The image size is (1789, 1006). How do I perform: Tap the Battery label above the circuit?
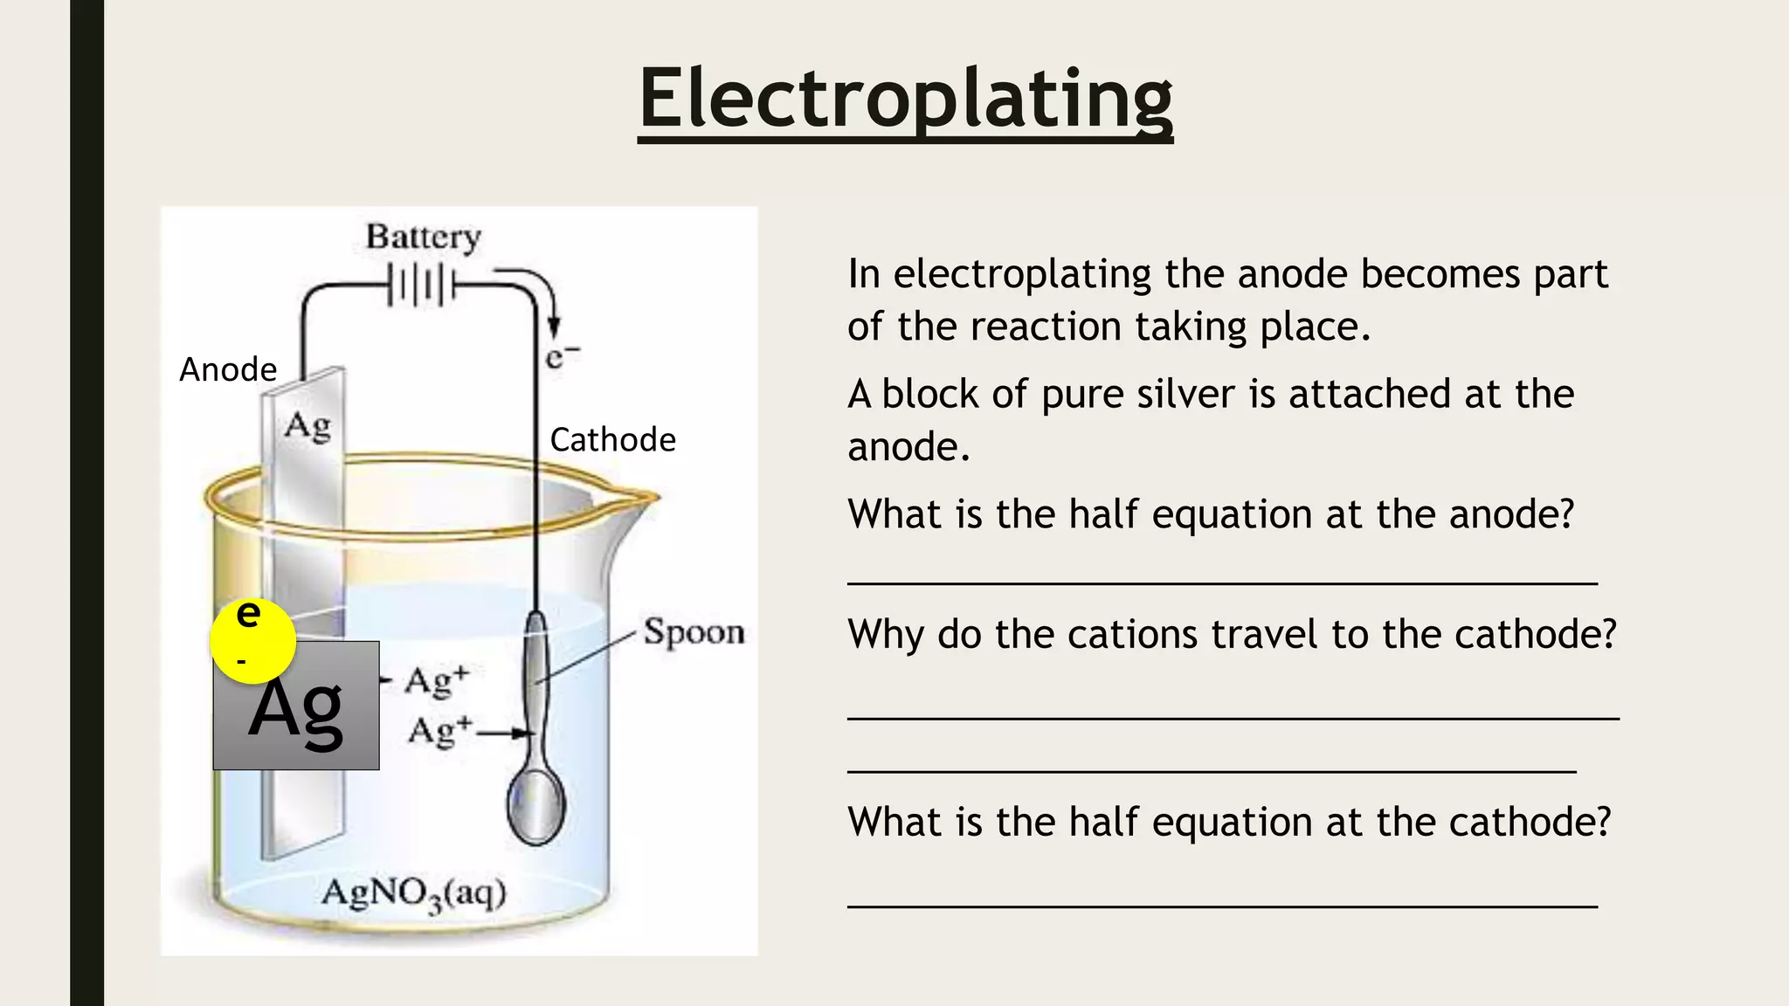pyautogui.click(x=423, y=237)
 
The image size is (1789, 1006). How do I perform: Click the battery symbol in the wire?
pyautogui.click(x=422, y=286)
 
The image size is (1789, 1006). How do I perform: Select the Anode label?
pyautogui.click(x=228, y=369)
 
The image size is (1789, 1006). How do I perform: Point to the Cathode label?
pyautogui.click(x=612, y=439)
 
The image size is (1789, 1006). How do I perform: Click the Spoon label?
pyautogui.click(x=694, y=631)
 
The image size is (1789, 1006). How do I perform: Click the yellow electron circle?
pyautogui.click(x=252, y=640)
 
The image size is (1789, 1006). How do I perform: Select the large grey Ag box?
pyautogui.click(x=296, y=716)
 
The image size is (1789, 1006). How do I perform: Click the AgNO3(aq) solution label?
pyautogui.click(x=413, y=893)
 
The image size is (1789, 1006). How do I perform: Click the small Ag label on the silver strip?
pyautogui.click(x=307, y=426)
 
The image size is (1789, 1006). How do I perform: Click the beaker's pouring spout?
pyautogui.click(x=642, y=501)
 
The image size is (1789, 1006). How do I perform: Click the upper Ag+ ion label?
pyautogui.click(x=437, y=681)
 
